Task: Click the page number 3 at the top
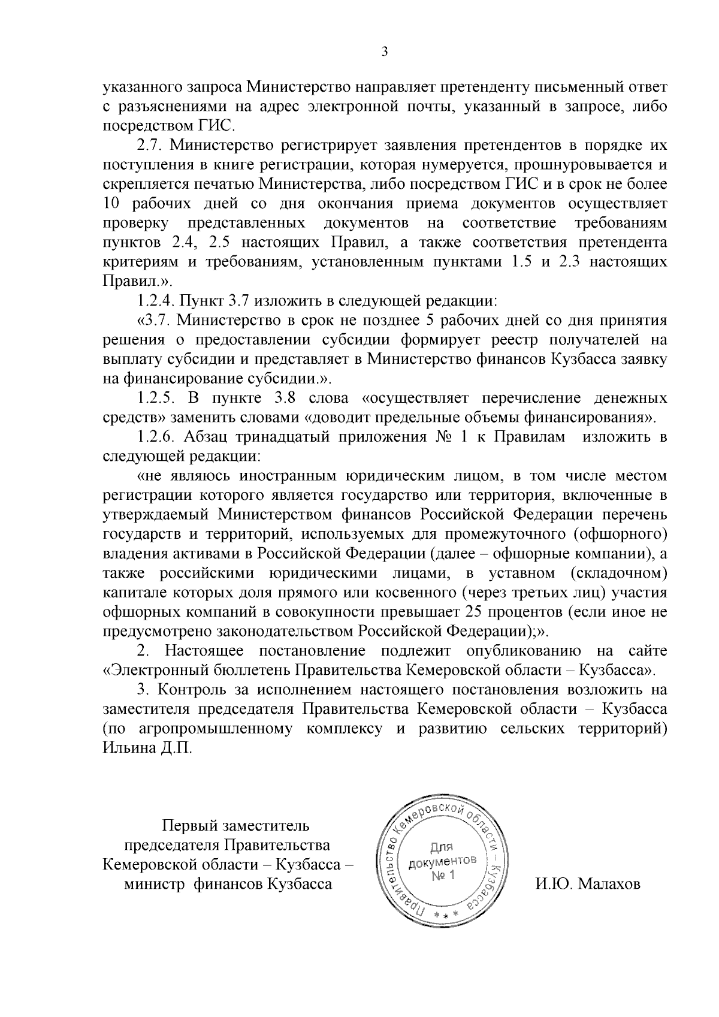click(385, 52)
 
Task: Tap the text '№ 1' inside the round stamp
click(443, 876)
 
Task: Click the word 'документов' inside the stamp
click(443, 862)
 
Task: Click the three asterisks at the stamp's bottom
click(448, 917)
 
